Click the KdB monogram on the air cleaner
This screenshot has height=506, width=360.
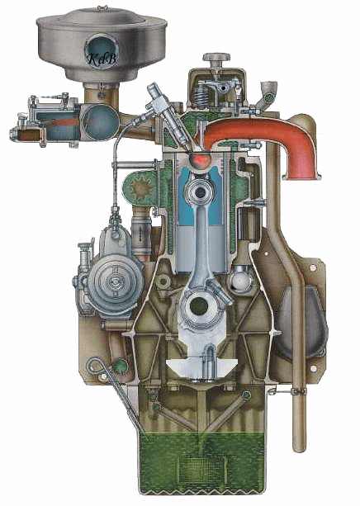click(x=102, y=59)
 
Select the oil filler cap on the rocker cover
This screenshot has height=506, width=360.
click(x=216, y=58)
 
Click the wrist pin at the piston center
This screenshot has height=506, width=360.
click(x=200, y=192)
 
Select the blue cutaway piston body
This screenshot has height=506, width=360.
click(x=200, y=196)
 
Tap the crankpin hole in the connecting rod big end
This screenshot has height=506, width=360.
click(x=199, y=306)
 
